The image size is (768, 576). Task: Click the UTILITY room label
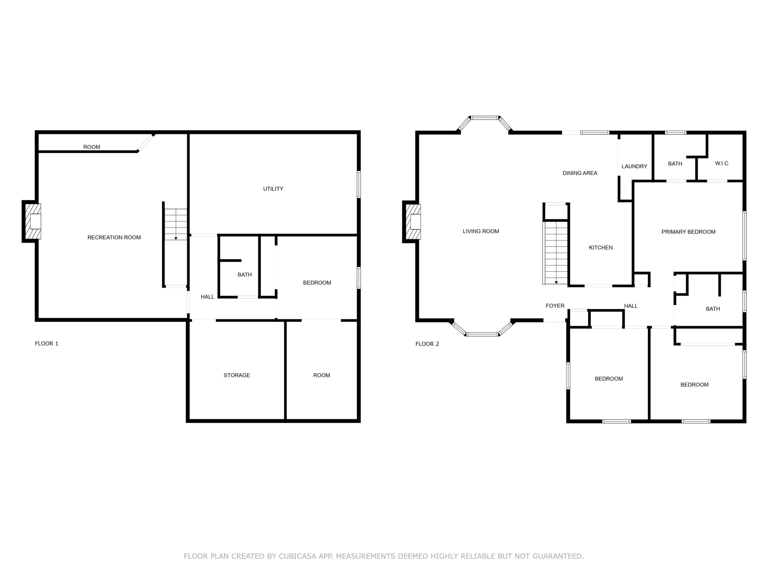tap(273, 189)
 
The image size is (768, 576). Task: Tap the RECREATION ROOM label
tap(114, 238)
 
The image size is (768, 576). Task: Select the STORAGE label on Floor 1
tap(236, 375)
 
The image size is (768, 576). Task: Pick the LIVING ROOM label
tap(481, 231)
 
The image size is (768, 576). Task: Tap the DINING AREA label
tap(580, 173)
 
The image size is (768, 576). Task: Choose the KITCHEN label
tap(601, 247)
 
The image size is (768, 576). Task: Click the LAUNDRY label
tap(634, 166)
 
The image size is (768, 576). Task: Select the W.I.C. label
tap(722, 163)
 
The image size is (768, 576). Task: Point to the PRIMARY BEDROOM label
tap(688, 232)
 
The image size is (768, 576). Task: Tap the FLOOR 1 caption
tap(46, 344)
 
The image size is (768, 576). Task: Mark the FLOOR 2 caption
tap(427, 344)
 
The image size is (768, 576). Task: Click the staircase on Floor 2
tap(556, 252)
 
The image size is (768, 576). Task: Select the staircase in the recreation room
tap(176, 224)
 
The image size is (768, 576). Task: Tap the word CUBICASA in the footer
tap(298, 556)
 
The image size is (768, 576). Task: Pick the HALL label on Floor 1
tap(207, 297)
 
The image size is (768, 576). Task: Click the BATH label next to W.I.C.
tap(675, 163)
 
